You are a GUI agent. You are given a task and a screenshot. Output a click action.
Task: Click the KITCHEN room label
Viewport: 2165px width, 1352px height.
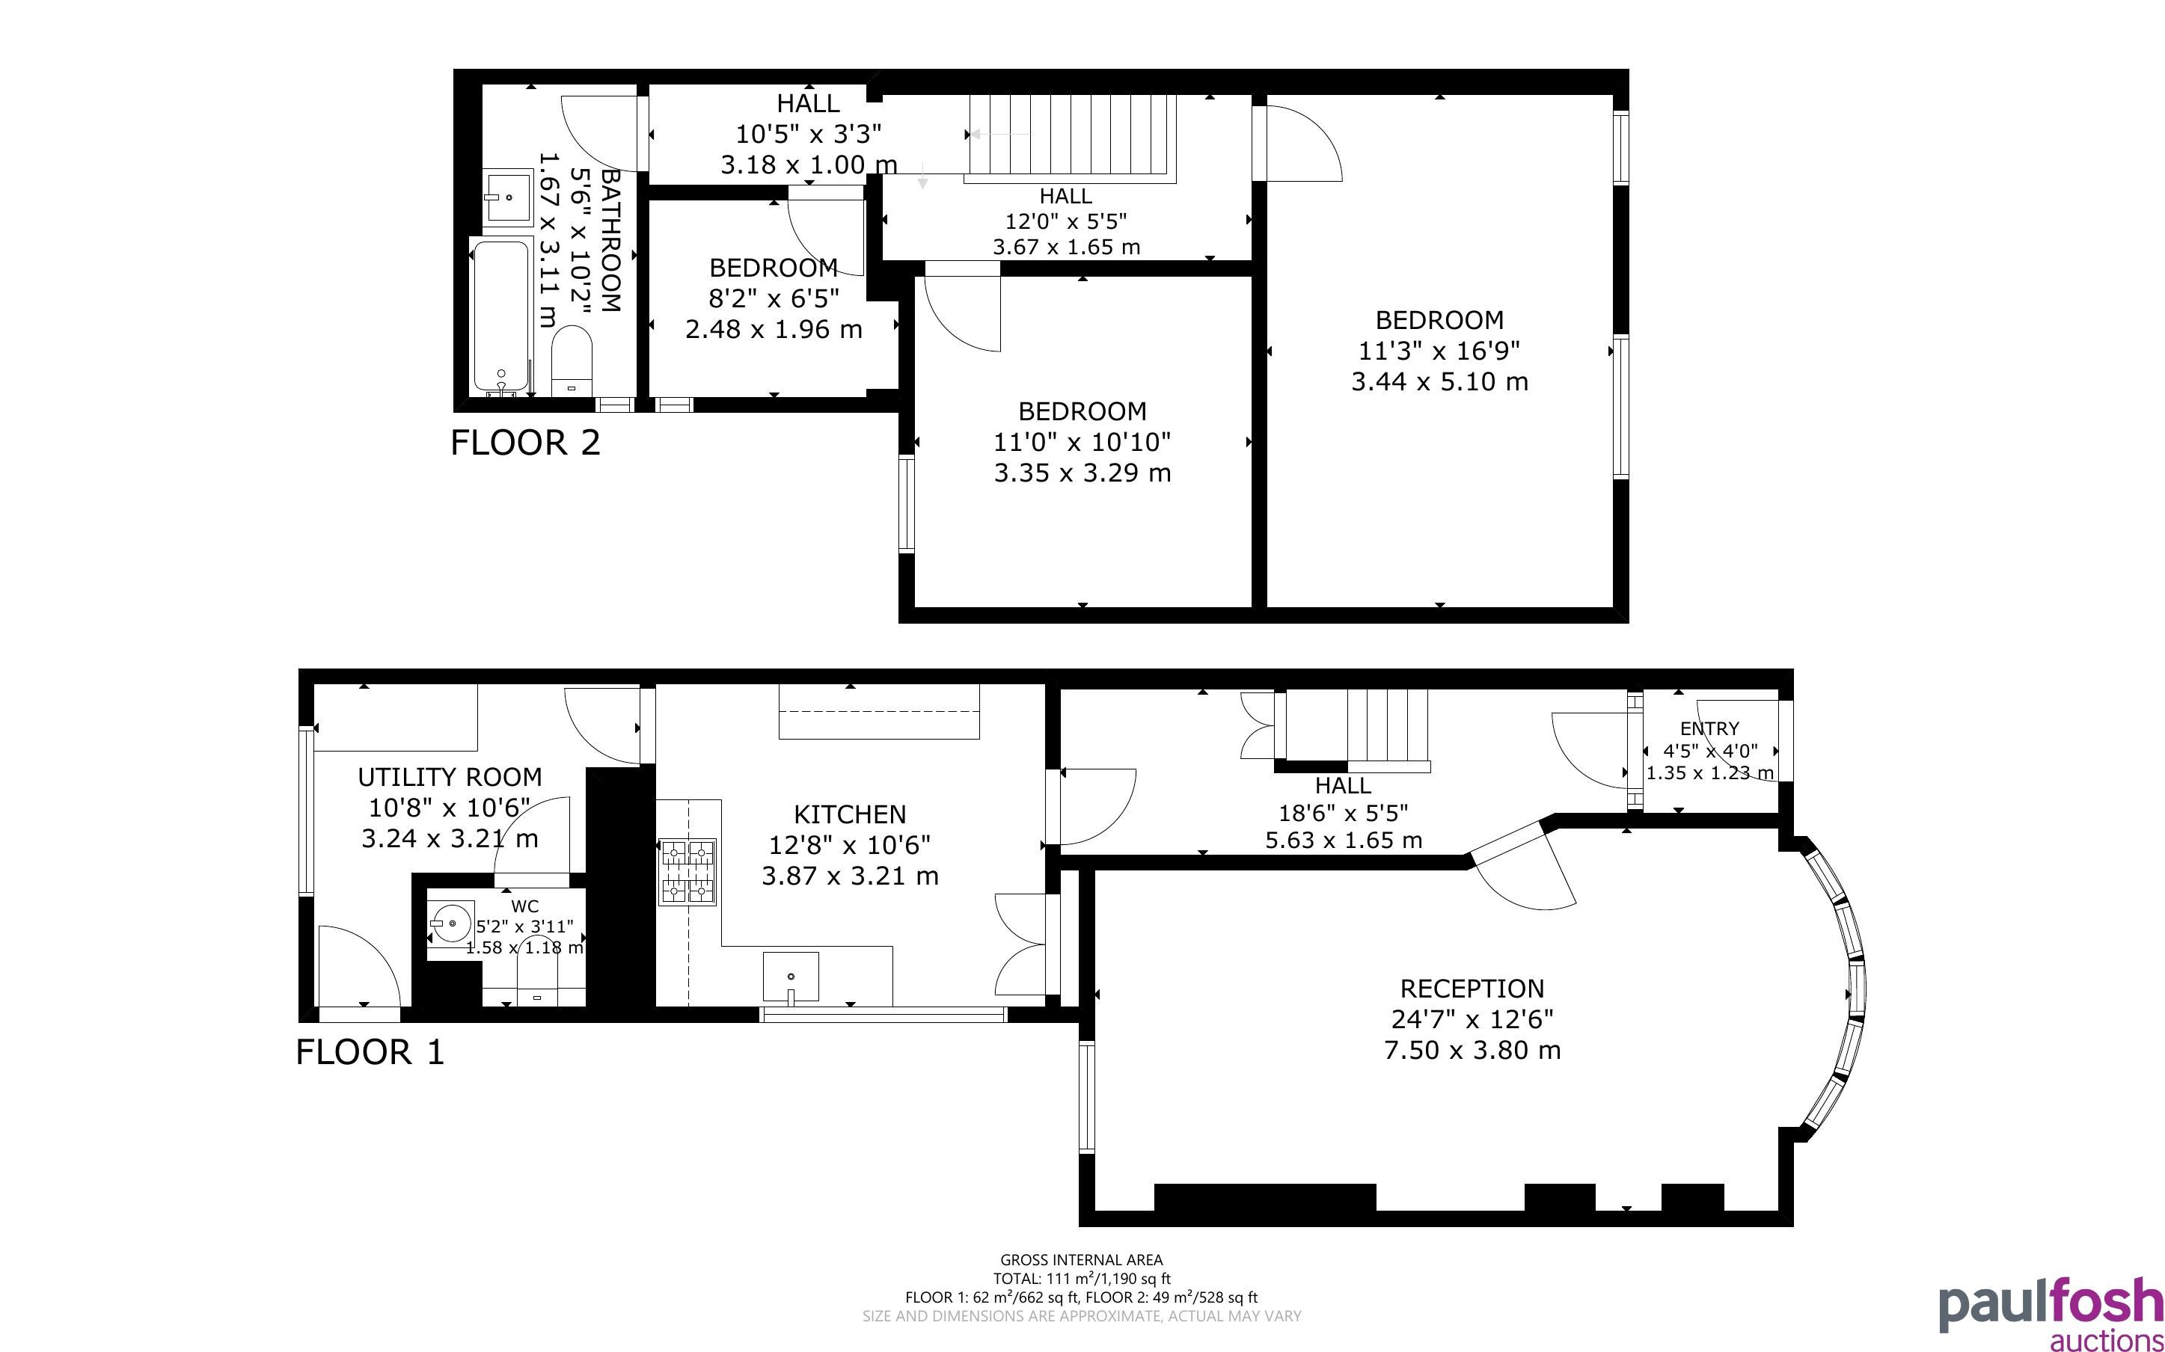pos(850,814)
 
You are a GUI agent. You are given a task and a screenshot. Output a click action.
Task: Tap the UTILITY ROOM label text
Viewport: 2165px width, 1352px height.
pos(449,777)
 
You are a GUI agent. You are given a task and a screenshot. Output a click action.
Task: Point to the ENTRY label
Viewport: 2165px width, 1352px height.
pos(1709,729)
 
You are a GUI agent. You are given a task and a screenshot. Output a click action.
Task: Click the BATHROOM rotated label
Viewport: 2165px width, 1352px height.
pos(610,241)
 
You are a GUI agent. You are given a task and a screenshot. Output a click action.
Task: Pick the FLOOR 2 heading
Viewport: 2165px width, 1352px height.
pos(525,443)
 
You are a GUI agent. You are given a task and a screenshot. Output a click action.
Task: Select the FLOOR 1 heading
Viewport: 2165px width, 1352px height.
pos(370,1052)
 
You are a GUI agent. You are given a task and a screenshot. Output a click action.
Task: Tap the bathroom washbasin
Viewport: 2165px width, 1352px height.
pos(508,197)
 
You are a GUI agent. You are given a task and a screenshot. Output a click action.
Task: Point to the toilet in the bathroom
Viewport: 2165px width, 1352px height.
pos(572,361)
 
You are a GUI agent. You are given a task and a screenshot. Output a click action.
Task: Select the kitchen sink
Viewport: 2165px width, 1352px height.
pos(791,977)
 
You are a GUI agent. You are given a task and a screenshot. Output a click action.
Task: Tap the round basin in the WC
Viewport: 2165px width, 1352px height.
pos(453,920)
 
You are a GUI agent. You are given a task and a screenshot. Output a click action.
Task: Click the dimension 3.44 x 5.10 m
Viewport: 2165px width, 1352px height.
pos(1440,382)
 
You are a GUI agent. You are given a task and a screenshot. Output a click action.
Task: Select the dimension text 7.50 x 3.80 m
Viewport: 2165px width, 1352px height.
pos(1472,1050)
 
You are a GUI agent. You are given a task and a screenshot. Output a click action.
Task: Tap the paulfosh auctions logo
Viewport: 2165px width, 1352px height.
pos(2050,1315)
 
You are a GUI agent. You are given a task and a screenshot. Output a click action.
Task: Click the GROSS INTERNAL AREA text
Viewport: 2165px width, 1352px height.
pos(1081,1260)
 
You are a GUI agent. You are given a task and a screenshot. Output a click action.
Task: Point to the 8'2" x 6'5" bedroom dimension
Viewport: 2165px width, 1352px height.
pos(774,298)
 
